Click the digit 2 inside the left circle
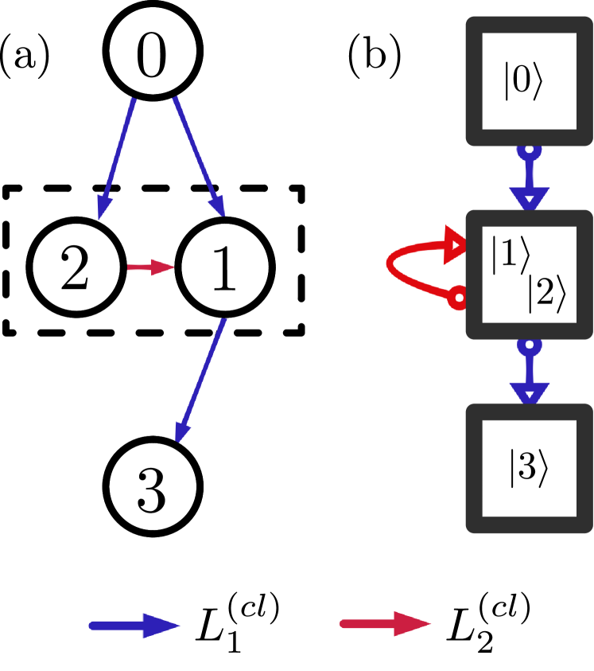[75, 267]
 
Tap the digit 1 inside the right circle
[223, 267]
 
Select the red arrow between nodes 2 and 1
[150, 267]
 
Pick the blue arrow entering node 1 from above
[199, 156]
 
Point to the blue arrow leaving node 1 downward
[201, 379]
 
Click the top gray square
[529, 80]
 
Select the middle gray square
[529, 274]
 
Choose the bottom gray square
[529, 467]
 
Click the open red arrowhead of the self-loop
[456, 244]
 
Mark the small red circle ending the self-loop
[458, 299]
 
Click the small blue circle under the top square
[529, 150]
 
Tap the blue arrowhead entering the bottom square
[529, 392]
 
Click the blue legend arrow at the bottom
[134, 626]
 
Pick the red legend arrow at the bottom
[386, 623]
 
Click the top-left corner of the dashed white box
[10, 193]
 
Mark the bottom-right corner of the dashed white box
[299, 329]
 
